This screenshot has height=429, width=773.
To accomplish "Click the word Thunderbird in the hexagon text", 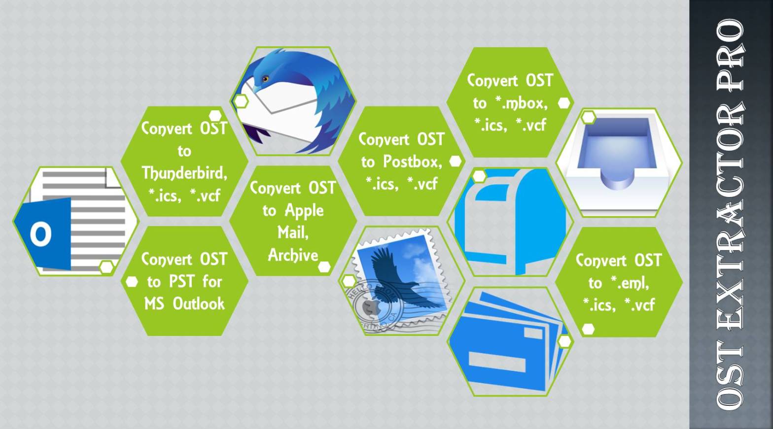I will pyautogui.click(x=184, y=173).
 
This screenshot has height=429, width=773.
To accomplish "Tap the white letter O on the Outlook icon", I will pyautogui.click(x=40, y=233).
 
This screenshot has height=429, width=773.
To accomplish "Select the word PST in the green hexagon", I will pyautogui.click(x=181, y=282).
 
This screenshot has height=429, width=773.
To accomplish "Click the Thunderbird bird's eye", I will pyautogui.click(x=266, y=78).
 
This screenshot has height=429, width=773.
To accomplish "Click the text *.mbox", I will pyautogui.click(x=521, y=103).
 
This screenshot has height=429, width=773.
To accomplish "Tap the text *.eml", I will pyautogui.click(x=629, y=283).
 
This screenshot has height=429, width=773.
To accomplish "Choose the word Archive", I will pyautogui.click(x=292, y=255).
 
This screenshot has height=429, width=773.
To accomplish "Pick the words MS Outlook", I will pyautogui.click(x=184, y=304).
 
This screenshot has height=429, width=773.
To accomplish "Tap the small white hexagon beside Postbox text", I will pyautogui.click(x=456, y=161).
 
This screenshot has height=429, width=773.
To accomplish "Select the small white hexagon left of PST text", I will pyautogui.click(x=132, y=282).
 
